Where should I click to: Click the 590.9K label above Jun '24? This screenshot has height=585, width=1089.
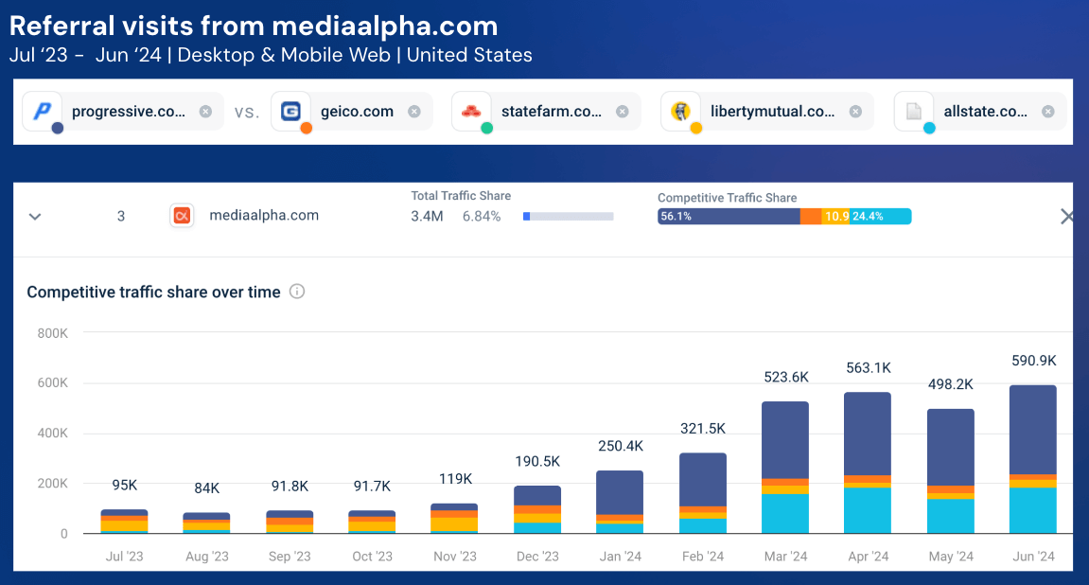coord(1033,361)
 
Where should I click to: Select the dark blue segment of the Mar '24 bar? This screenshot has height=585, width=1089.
coord(785,440)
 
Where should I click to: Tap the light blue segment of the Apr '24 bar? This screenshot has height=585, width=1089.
coord(868,510)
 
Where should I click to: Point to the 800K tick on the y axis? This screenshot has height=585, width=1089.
coord(52,333)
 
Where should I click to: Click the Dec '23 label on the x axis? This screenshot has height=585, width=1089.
coord(536,557)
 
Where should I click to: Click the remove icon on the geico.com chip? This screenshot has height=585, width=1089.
coord(413,112)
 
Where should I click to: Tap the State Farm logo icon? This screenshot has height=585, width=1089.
coord(471,111)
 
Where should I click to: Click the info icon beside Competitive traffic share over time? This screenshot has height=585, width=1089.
coord(297,292)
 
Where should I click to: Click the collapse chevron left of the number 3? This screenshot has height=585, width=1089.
coord(35,216)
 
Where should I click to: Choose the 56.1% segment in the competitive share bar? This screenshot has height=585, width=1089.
coord(728,217)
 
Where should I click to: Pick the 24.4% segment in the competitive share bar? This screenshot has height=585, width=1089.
coord(880,217)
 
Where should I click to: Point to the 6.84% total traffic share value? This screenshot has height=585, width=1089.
coord(481,216)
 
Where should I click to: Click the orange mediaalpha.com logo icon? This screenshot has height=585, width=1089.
coord(182,216)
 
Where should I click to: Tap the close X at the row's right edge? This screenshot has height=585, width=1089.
coord(1067,217)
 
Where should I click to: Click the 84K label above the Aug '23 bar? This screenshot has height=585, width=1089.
coord(206,488)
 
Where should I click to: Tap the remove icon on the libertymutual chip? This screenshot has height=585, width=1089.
coord(855,112)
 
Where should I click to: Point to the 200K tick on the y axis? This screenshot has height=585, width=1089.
coord(52,484)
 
